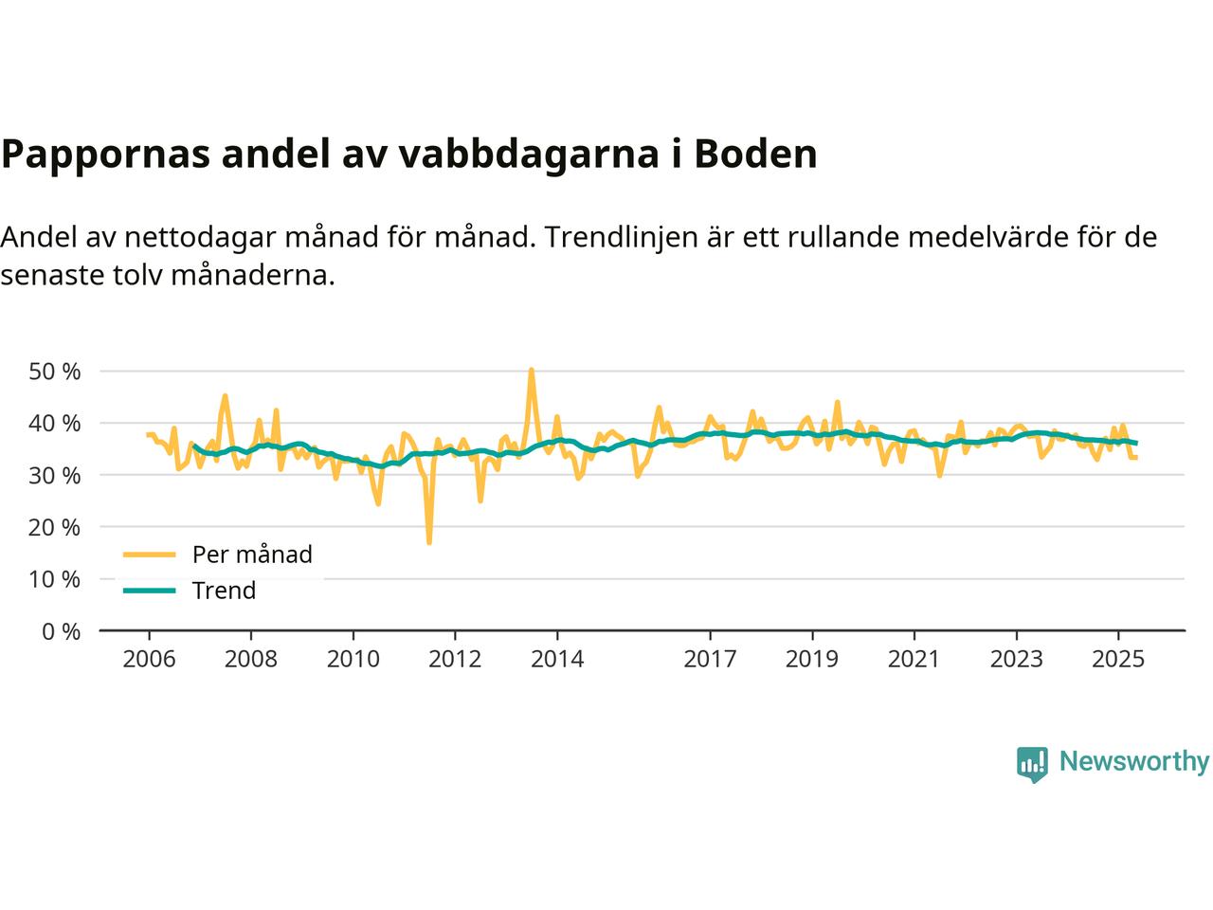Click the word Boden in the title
(755, 154)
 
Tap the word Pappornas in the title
(105, 155)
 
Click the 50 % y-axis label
(55, 371)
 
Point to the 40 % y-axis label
(55, 423)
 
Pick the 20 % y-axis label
(55, 527)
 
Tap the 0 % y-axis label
(61, 631)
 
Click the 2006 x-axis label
(149, 658)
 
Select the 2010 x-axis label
(353, 658)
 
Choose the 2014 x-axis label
(557, 658)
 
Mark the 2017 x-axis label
(710, 658)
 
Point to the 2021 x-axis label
(914, 658)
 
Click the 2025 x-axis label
(1118, 658)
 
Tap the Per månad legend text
(252, 555)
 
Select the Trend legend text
(224, 591)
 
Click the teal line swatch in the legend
(150, 591)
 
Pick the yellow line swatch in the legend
(150, 555)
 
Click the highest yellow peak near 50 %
(531, 371)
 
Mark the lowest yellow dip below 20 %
(429, 542)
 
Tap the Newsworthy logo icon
(1032, 763)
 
